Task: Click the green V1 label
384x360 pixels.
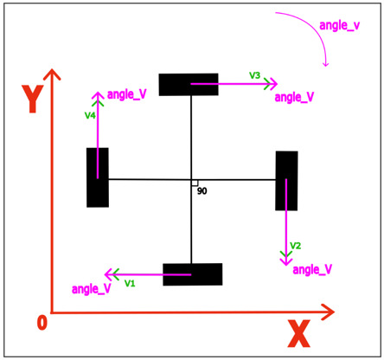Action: pyautogui.click(x=130, y=284)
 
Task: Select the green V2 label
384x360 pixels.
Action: pyautogui.click(x=296, y=246)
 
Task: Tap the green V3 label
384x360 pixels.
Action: pyautogui.click(x=254, y=75)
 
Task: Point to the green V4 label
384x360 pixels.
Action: pyautogui.click(x=90, y=115)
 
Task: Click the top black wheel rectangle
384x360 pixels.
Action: pyautogui.click(x=189, y=85)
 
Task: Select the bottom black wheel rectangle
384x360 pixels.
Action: pyautogui.click(x=193, y=274)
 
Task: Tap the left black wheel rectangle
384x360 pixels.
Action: pyautogui.click(x=98, y=177)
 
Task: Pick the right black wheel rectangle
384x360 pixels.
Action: pyautogui.click(x=286, y=181)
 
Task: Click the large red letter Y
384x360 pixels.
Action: pyautogui.click(x=33, y=99)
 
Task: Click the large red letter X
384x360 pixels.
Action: pyautogui.click(x=299, y=333)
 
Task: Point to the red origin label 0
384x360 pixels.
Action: pyautogui.click(x=42, y=323)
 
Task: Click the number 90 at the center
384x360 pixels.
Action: pyautogui.click(x=202, y=191)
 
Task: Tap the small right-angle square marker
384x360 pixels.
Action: pyautogui.click(x=195, y=183)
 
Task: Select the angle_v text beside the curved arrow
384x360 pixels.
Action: pyautogui.click(x=340, y=26)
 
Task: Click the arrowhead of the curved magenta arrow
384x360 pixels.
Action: pyautogui.click(x=326, y=64)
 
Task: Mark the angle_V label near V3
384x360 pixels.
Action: pyautogui.click(x=294, y=97)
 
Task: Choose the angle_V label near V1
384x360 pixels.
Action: pyautogui.click(x=92, y=289)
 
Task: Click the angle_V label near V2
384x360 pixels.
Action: pyautogui.click(x=312, y=270)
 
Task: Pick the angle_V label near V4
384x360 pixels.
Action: pyautogui.click(x=127, y=94)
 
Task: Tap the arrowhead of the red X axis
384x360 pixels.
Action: pyautogui.click(x=329, y=312)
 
